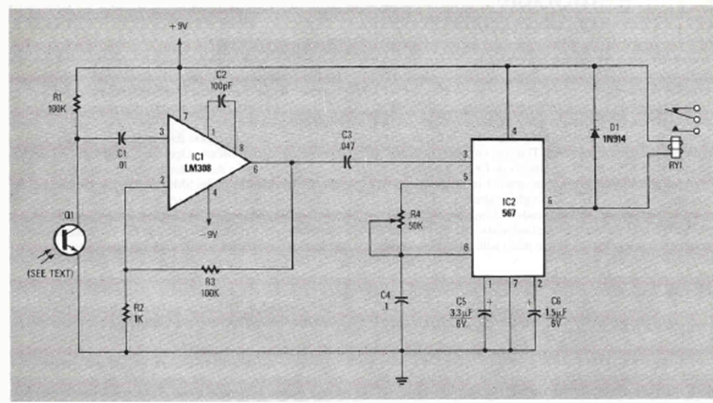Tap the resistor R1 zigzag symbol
(77, 103)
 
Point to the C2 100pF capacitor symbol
(222, 102)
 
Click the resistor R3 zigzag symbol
(211, 269)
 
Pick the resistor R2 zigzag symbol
(126, 310)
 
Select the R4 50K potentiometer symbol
(401, 217)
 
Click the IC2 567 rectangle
(507, 208)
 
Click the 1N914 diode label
(616, 138)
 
